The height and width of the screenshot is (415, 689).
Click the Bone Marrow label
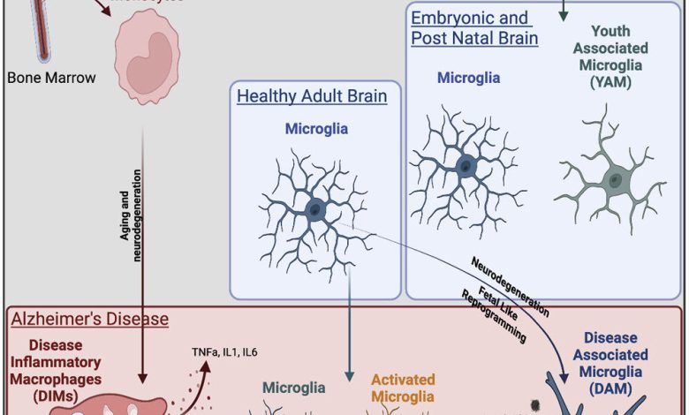click(x=51, y=77)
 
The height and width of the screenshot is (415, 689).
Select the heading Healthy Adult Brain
click(x=312, y=95)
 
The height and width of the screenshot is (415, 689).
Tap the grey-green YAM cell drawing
click(x=612, y=177)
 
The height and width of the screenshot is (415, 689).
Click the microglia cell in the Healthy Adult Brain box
click(x=315, y=209)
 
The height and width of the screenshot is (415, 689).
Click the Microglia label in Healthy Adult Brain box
click(x=315, y=129)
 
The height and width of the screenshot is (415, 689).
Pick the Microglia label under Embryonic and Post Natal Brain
click(x=468, y=78)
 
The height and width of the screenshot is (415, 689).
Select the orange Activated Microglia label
click(x=402, y=388)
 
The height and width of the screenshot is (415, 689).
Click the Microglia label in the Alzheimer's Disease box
click(x=294, y=388)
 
